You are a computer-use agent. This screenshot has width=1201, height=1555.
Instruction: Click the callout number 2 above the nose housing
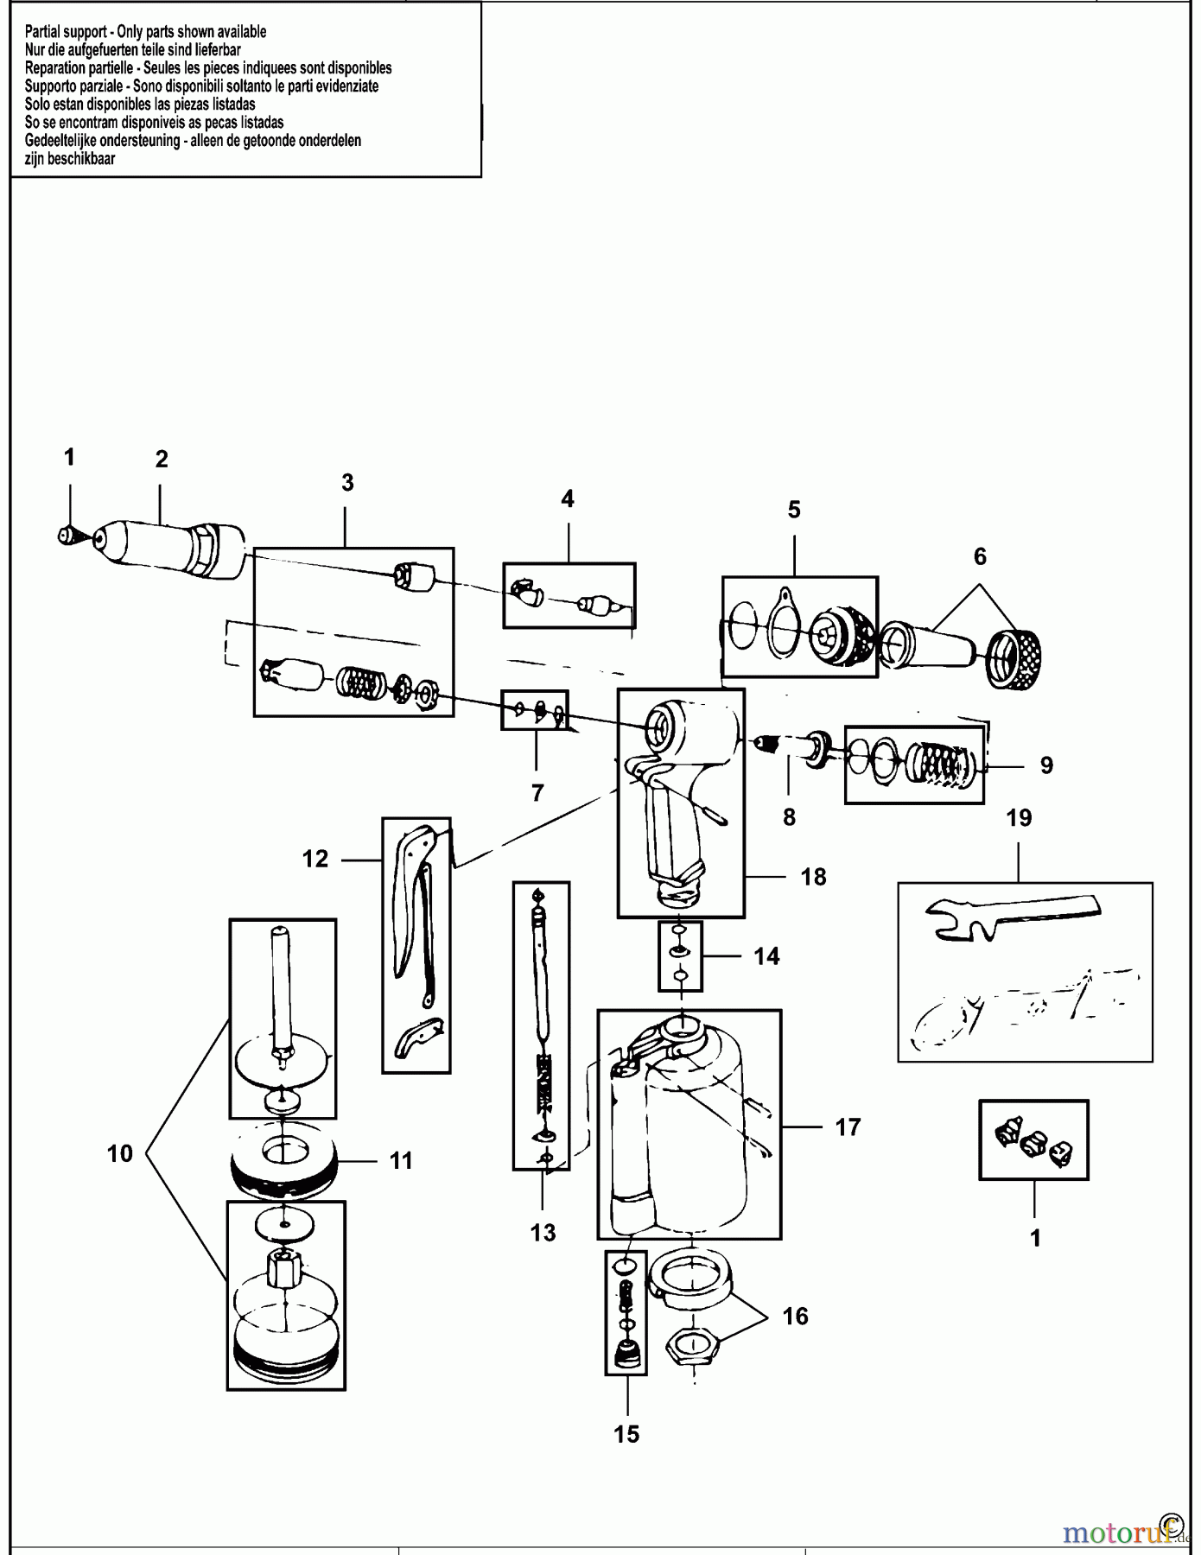tap(162, 460)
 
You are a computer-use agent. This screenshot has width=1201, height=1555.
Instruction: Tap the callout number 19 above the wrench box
tap(1020, 817)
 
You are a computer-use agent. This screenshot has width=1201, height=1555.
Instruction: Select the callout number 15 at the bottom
tap(626, 1434)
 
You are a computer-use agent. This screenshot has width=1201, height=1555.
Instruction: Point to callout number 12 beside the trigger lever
tap(315, 859)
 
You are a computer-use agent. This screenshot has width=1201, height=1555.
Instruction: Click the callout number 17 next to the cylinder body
tap(848, 1127)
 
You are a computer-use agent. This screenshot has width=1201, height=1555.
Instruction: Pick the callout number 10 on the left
tap(120, 1153)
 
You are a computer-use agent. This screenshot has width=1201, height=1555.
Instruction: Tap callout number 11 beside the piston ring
tap(400, 1160)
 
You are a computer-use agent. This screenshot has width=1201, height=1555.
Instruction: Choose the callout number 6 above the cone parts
tap(980, 556)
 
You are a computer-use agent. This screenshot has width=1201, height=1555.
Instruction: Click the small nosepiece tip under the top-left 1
tap(64, 536)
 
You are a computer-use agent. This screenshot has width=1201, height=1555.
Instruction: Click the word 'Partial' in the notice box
tap(41, 31)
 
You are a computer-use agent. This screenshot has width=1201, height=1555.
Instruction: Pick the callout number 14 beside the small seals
tap(766, 956)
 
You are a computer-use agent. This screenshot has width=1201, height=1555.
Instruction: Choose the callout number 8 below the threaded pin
tap(789, 817)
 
